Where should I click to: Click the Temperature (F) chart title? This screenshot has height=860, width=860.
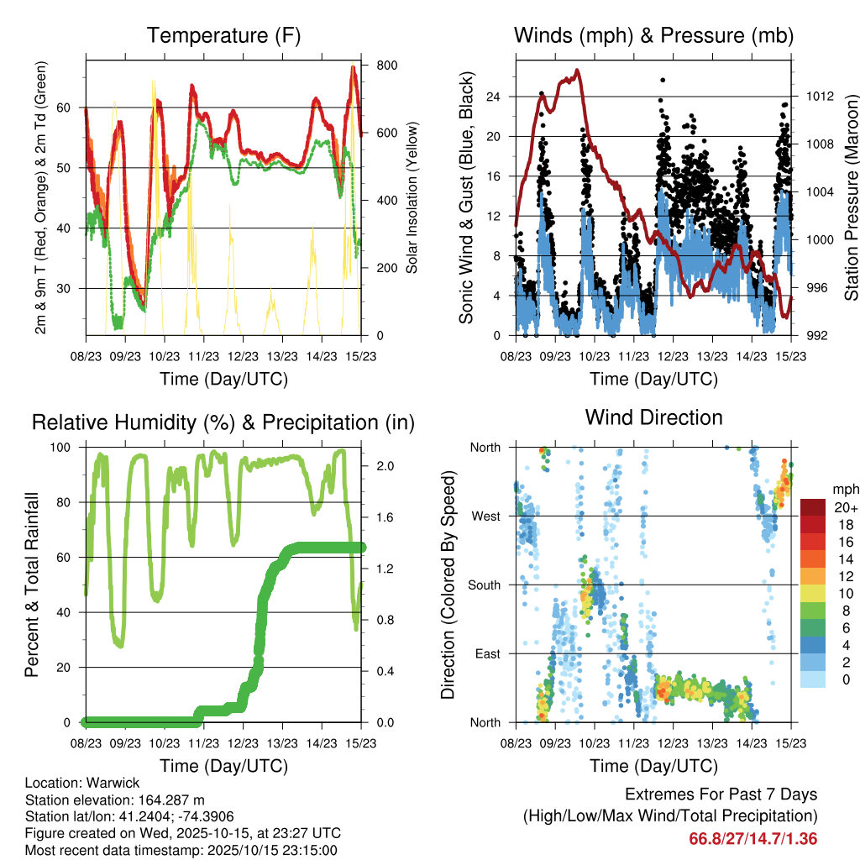[223, 36]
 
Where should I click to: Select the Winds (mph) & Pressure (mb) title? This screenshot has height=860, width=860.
[653, 36]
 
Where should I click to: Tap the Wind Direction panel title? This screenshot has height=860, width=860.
[653, 417]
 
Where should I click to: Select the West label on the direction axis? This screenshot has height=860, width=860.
[486, 516]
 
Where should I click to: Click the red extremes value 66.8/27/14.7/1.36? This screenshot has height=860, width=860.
[753, 838]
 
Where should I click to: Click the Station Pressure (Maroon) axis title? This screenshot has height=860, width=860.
[851, 197]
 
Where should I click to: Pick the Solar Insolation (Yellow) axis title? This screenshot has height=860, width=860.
[412, 197]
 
